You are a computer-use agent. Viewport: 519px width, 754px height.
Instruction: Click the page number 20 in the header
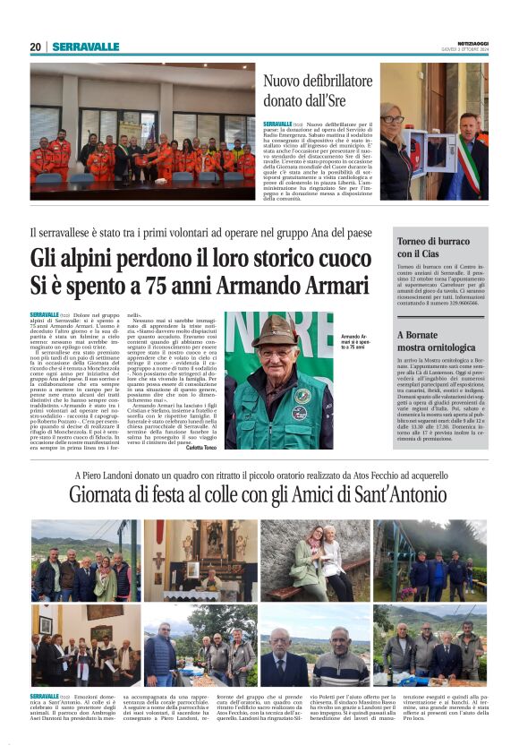(x=35, y=47)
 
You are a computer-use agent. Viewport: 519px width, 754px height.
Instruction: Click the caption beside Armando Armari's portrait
(x=353, y=341)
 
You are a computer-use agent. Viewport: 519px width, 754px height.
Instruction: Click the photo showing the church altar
(x=200, y=559)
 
